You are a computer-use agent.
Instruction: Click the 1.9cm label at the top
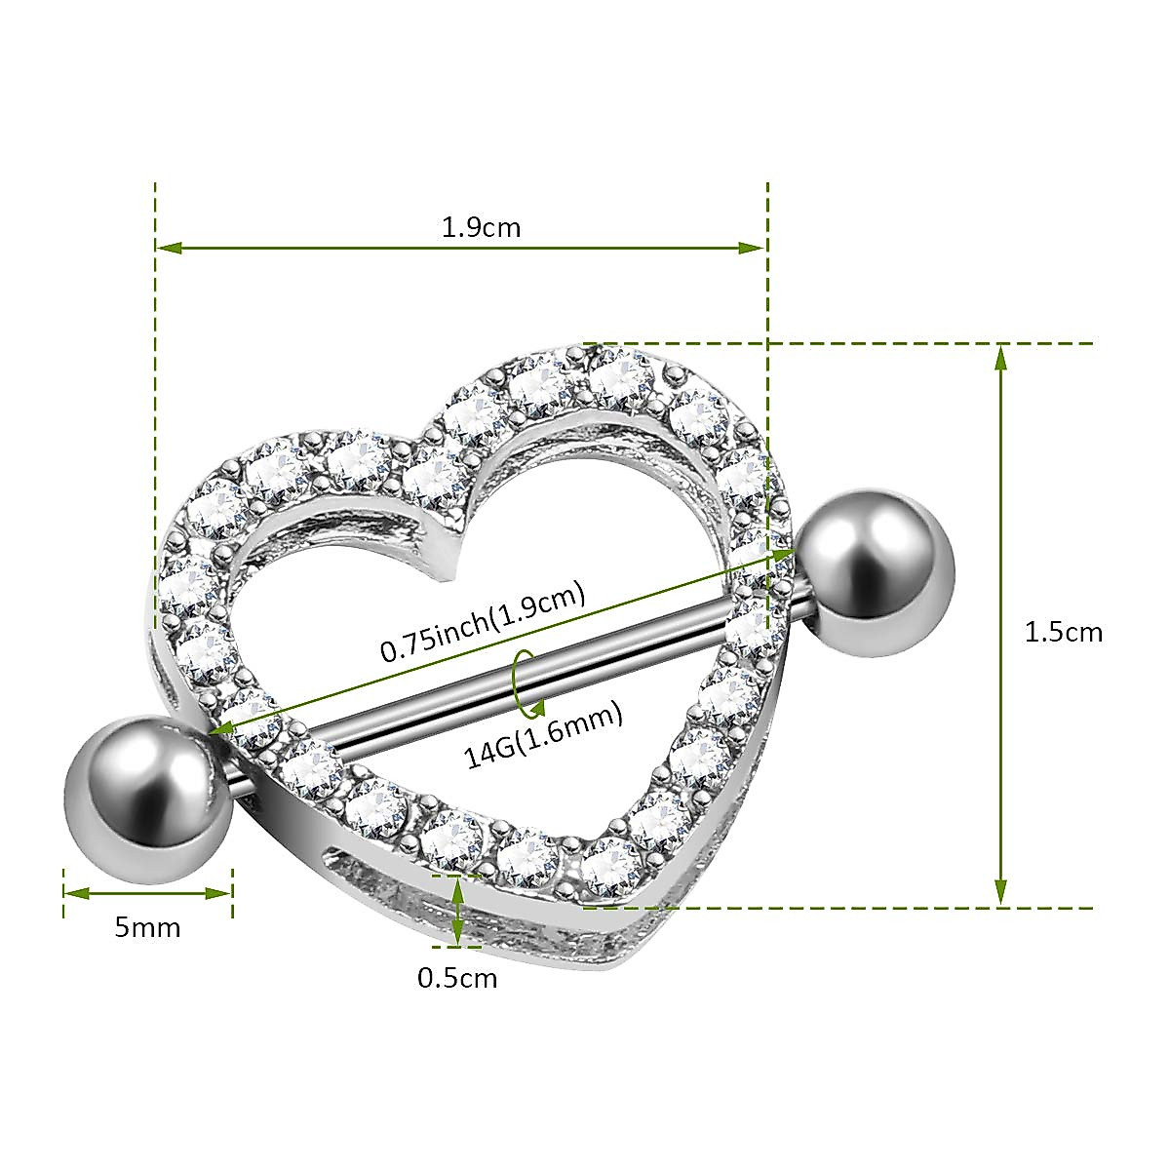(x=482, y=228)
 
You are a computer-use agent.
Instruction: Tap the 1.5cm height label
(x=1063, y=632)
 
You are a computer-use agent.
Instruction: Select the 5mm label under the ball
(x=147, y=926)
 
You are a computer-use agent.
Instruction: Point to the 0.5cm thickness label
(x=457, y=977)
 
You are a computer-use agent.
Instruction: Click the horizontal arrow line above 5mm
(x=148, y=892)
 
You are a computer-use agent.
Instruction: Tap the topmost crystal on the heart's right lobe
(x=620, y=375)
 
